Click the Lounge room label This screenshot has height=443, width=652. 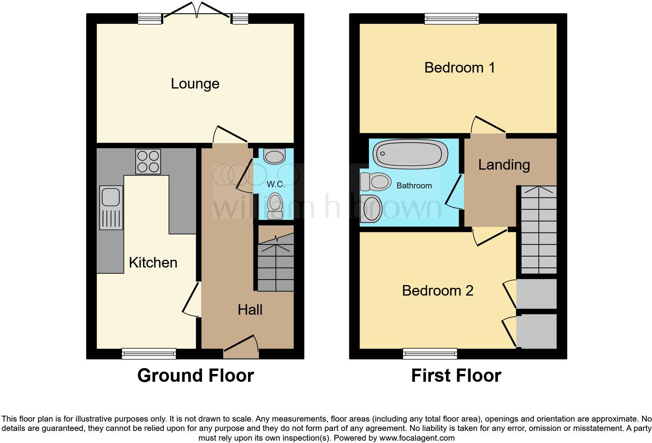[x=195, y=84]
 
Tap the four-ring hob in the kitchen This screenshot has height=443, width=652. [x=148, y=161]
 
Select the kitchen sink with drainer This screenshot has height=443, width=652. [x=111, y=207]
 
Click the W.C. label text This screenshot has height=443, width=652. [x=276, y=184]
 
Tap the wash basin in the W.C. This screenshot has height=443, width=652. [x=275, y=156]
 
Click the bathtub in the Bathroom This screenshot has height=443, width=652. [x=410, y=153]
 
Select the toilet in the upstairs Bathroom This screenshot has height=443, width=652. [x=376, y=182]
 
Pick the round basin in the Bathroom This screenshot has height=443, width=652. [x=370, y=209]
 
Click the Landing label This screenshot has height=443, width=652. [x=504, y=165]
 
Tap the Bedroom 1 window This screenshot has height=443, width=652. [x=452, y=18]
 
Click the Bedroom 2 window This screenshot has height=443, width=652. [x=430, y=354]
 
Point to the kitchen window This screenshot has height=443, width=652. [x=149, y=354]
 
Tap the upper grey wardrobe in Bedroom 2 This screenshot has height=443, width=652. [x=537, y=294]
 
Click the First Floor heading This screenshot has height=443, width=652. [x=456, y=376]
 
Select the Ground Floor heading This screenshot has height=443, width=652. [x=195, y=376]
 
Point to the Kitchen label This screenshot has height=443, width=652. [x=153, y=263]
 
